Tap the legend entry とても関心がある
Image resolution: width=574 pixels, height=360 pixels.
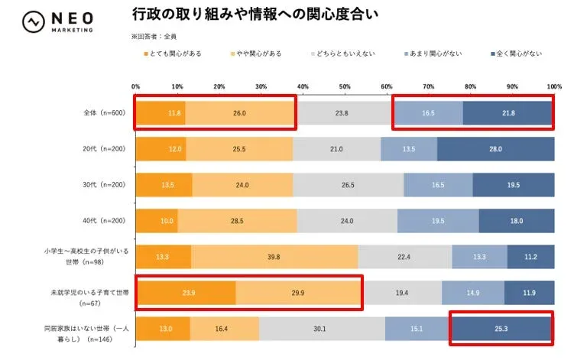[x=176, y=54]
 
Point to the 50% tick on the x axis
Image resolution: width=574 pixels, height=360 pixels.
[x=345, y=86]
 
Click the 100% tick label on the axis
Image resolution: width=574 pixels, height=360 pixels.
[x=554, y=86]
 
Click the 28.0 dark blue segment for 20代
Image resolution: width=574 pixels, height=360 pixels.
[x=495, y=149]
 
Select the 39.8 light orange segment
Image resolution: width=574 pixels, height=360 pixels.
[x=274, y=257]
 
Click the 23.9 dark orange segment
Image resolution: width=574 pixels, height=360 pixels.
[x=185, y=293]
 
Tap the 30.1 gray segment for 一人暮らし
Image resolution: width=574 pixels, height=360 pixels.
[x=322, y=329]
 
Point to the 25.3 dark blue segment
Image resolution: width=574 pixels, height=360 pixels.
[x=501, y=329]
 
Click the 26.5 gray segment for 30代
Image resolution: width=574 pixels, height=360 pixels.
[x=348, y=185]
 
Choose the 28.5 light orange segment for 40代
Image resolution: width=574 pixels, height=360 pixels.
[x=237, y=221]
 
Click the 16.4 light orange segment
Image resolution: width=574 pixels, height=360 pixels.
[x=224, y=329]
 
